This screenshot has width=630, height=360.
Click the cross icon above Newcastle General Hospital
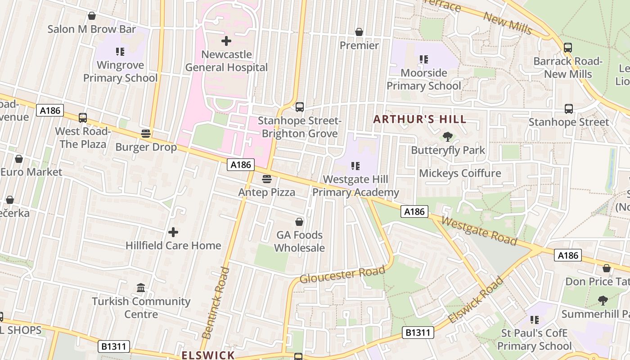(226, 41)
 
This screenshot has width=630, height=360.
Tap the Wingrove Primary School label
(120, 72)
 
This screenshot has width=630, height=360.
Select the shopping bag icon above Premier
(359, 32)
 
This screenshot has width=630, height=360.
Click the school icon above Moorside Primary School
(423, 59)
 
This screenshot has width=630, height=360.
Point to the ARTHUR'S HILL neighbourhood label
(420, 120)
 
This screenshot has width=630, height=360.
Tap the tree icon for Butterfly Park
(447, 136)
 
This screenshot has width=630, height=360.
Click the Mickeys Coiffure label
(460, 173)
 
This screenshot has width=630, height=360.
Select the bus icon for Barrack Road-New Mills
(568, 47)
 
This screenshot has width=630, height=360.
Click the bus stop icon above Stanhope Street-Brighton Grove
(300, 107)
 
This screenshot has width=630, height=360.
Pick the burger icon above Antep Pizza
(267, 179)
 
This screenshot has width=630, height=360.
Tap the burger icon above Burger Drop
(145, 134)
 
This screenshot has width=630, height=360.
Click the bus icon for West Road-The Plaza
(83, 118)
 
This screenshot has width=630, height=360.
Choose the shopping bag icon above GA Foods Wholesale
(299, 222)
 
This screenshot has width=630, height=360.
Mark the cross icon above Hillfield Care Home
(173, 232)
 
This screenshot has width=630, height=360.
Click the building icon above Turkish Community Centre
(141, 288)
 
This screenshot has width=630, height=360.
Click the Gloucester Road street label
(342, 274)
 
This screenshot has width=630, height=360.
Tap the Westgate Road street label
(479, 231)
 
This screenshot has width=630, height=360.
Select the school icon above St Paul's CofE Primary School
(534, 320)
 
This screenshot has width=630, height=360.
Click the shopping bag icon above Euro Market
(19, 159)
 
